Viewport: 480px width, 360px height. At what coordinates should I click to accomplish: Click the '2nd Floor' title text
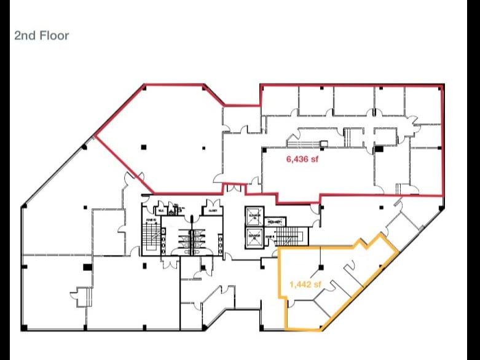click(x=42, y=36)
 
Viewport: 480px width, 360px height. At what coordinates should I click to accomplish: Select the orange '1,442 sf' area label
click(x=305, y=284)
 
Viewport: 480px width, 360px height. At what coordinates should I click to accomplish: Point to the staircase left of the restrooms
click(x=151, y=237)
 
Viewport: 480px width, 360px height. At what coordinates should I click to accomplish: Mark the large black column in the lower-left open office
click(x=87, y=267)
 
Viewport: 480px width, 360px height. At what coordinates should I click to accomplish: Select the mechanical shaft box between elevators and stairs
click(x=273, y=222)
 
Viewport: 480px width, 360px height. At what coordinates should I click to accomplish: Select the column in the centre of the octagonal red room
click(x=143, y=146)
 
